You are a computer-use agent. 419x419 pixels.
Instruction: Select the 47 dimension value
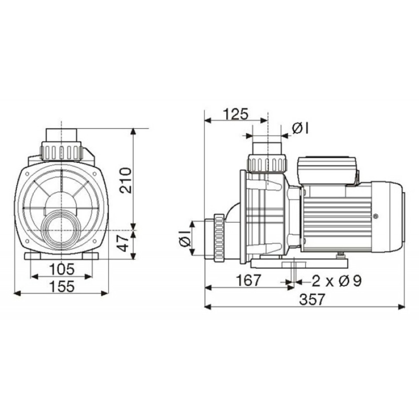pyautogui.click(x=124, y=243)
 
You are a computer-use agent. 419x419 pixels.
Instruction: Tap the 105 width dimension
pyautogui.click(x=62, y=269)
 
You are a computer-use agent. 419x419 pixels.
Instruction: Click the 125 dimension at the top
pyautogui.click(x=236, y=114)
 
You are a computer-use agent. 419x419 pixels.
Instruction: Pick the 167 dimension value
pyautogui.click(x=248, y=280)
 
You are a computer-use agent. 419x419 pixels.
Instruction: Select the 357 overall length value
pyautogui.click(x=312, y=299)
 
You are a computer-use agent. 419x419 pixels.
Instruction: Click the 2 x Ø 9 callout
pyautogui.click(x=337, y=281)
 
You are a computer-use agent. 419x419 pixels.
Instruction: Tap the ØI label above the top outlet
pyautogui.click(x=300, y=129)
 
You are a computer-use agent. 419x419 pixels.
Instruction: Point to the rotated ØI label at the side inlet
pyautogui.click(x=185, y=238)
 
